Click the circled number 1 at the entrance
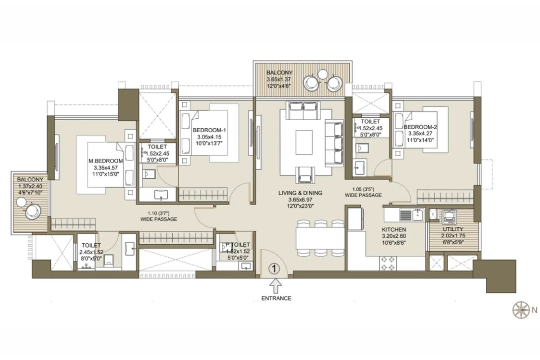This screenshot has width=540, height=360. coord(274,268)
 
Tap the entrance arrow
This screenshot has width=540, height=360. coord(275,286)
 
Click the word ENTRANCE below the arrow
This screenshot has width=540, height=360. coord(276,298)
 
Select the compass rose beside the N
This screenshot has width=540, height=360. coord(521,310)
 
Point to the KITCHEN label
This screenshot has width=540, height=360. coord(394,229)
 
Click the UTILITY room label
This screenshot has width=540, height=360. coord(453,229)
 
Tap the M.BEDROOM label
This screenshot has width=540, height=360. coord(106,161)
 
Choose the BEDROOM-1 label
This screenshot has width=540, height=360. coord(209,130)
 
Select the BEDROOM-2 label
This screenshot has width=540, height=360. coord(420,127)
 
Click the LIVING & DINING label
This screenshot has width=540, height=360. coord(301,193)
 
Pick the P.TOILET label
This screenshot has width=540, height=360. coord(238,245)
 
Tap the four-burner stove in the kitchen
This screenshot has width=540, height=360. coord(388,264)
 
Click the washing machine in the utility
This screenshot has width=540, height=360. coord(450,216)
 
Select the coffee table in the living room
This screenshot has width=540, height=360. coord(304,142)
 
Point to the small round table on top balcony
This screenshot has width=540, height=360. coord(322,74)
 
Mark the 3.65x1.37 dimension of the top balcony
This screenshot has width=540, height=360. coord(279,79)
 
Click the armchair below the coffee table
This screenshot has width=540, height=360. coord(305,175)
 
